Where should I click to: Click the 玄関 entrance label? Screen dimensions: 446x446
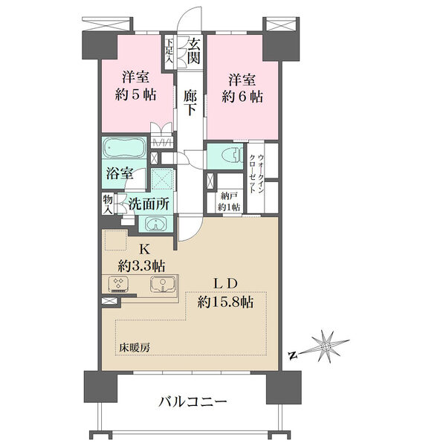point(195,51)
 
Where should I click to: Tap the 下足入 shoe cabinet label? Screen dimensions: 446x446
point(169,51)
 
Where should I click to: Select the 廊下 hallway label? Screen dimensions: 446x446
point(190,102)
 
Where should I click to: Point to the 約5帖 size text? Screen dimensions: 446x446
point(135,94)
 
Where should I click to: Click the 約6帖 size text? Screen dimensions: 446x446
point(242,97)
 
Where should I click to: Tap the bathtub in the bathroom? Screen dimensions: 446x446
point(124,148)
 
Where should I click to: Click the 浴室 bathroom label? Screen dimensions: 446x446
point(120,173)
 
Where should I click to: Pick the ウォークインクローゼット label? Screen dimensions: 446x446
point(256,174)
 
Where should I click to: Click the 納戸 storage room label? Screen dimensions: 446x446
point(229,196)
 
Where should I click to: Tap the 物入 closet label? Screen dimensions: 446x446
point(107,204)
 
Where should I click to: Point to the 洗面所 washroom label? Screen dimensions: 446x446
point(149,204)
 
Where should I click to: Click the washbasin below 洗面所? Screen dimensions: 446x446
point(155,224)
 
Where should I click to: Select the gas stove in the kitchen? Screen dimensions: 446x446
point(119,284)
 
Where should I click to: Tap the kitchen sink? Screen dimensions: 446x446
point(162,284)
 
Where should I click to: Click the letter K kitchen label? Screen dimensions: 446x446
point(144,250)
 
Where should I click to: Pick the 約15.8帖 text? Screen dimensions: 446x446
point(225,302)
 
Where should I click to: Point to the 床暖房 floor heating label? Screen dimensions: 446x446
point(135,348)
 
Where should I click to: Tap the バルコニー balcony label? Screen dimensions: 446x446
point(193,402)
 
